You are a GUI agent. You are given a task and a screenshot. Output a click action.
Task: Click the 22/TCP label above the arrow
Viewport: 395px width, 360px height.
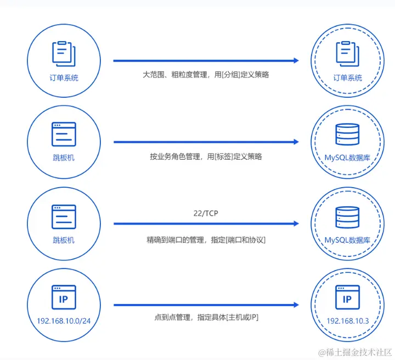(x=207, y=212)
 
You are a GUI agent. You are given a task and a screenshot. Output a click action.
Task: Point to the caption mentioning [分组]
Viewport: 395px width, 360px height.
(x=206, y=74)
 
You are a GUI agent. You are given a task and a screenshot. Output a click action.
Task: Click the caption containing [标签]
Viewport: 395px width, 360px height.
(x=206, y=156)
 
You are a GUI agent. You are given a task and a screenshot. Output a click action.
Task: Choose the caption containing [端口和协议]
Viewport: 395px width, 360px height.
(x=206, y=240)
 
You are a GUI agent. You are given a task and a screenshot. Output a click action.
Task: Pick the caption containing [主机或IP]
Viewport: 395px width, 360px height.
(x=206, y=317)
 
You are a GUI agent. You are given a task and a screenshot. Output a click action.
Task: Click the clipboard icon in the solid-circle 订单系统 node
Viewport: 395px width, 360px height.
(x=64, y=54)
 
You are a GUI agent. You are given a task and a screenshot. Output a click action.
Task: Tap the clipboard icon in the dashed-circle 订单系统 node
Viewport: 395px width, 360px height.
(x=347, y=54)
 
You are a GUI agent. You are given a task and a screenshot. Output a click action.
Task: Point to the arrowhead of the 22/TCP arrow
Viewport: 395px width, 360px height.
(x=296, y=224)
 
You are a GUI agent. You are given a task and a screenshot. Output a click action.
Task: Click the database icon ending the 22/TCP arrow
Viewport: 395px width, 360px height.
(x=347, y=218)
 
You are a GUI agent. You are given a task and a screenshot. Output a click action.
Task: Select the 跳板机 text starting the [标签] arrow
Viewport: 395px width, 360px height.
(x=64, y=158)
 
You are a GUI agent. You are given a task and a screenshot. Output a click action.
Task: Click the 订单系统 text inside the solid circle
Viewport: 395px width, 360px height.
(x=64, y=78)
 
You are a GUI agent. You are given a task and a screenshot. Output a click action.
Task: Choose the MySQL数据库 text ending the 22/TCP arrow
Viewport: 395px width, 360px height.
(x=347, y=240)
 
